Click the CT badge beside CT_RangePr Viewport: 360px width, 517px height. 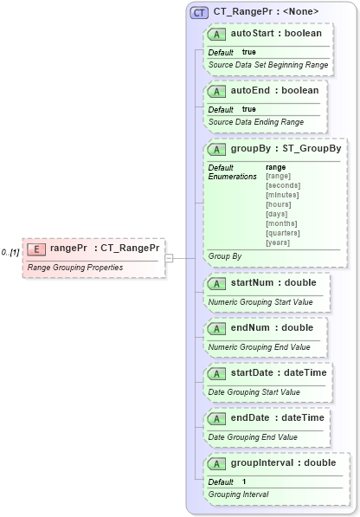click(x=199, y=12)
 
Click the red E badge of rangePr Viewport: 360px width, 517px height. click(x=36, y=249)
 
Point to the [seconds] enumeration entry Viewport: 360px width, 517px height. click(x=283, y=185)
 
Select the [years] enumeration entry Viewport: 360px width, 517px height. click(x=278, y=242)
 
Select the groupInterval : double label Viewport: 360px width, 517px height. click(x=283, y=462)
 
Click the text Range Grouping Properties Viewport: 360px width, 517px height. click(x=75, y=268)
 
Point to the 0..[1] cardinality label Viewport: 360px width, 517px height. click(x=10, y=252)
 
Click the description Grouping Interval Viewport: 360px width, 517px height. click(x=238, y=494)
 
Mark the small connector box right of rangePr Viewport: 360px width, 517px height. click(x=170, y=257)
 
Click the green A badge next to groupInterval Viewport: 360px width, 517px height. click(x=216, y=463)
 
